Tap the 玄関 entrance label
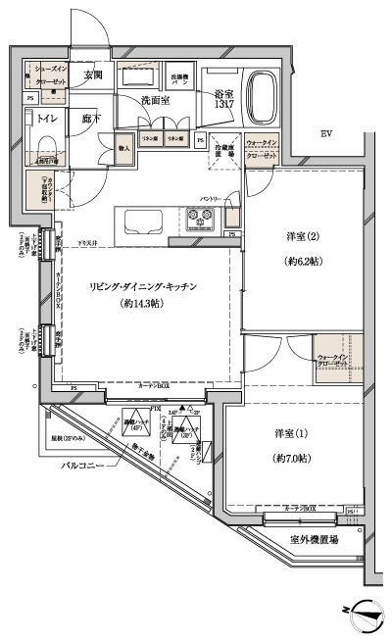tap(93, 74)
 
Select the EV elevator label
tap(326, 136)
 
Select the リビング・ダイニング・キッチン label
tap(144, 286)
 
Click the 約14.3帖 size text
tap(144, 304)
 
